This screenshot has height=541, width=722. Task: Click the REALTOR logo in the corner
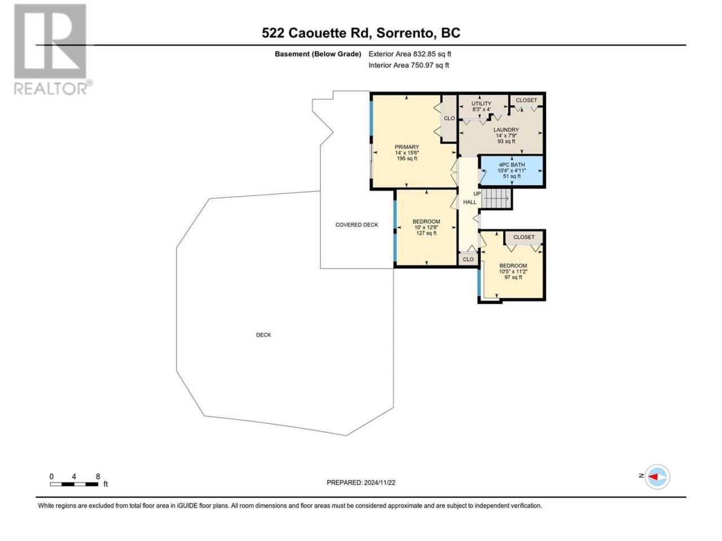click(52, 49)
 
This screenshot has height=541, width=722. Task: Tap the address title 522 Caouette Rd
click(317, 33)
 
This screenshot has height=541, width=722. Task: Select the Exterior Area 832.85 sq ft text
click(410, 54)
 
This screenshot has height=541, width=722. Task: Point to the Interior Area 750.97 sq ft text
click(408, 65)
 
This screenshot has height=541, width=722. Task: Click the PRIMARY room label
click(407, 147)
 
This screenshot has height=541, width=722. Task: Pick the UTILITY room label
click(481, 104)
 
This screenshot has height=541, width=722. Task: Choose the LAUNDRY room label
click(506, 130)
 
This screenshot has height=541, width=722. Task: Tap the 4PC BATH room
click(512, 171)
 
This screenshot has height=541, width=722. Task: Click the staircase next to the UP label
click(497, 198)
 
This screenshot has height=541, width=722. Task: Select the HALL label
click(469, 202)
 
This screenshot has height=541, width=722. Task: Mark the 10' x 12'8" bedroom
click(426, 227)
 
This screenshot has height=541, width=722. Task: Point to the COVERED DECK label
click(356, 225)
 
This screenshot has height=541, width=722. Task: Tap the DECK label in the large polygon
click(263, 335)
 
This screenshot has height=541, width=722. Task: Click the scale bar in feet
click(74, 484)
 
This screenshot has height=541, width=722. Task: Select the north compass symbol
click(657, 477)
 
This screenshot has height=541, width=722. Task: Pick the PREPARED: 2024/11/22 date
click(361, 482)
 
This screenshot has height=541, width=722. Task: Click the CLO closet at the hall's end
click(468, 259)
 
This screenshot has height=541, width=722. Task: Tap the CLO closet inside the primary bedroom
click(449, 118)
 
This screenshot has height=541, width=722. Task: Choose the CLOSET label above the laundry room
click(526, 100)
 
